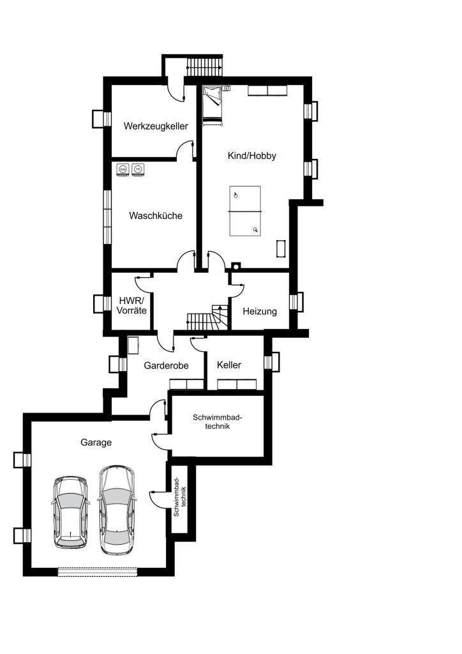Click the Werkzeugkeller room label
(156, 126)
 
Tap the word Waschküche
(156, 216)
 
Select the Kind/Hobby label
(251, 156)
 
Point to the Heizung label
(260, 311)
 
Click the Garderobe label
(166, 366)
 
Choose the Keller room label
(229, 365)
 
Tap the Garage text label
(96, 443)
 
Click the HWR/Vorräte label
(131, 305)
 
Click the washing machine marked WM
(123, 169)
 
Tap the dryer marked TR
(138, 169)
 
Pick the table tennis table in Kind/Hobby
(245, 211)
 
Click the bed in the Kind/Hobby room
(212, 105)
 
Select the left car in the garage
(71, 512)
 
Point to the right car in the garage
(117, 510)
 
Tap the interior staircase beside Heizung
(207, 317)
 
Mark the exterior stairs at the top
(204, 66)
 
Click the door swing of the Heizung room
(237, 291)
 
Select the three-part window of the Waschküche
(107, 217)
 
